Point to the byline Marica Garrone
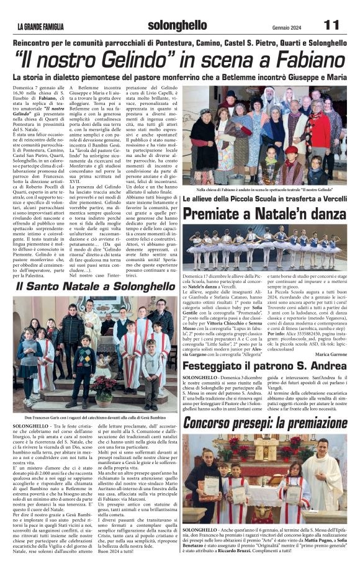coord(333,354)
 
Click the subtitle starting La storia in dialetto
coord(179,78)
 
